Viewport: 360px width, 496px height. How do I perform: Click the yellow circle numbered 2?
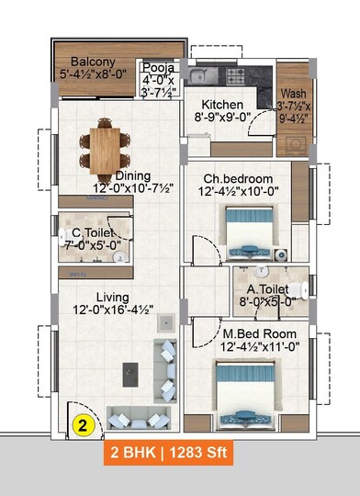[82, 425]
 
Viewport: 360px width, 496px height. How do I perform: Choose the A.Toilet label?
[269, 294]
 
